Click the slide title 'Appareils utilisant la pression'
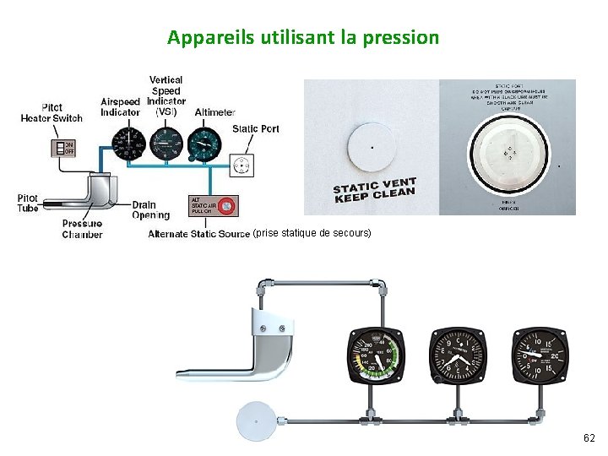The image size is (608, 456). [x=303, y=37]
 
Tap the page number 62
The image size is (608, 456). [x=589, y=438]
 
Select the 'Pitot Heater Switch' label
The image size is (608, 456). [x=52, y=113]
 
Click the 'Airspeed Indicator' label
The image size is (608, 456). [x=120, y=107]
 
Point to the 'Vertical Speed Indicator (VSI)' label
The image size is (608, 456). [x=166, y=95]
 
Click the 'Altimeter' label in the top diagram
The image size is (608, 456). [x=214, y=112]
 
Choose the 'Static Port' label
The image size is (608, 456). [x=255, y=129]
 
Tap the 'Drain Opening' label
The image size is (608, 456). [x=150, y=210]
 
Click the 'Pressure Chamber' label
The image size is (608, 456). [x=83, y=229]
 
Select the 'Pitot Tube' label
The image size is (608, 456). [x=28, y=203]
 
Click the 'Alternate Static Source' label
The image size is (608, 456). [x=198, y=234]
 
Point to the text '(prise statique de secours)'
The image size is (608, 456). [x=312, y=232]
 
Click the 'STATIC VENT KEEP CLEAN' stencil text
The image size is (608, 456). [x=374, y=191]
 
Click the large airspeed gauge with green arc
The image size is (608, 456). [x=377, y=355]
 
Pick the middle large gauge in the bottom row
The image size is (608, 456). [x=458, y=355]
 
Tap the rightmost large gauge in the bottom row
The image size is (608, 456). [x=540, y=355]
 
